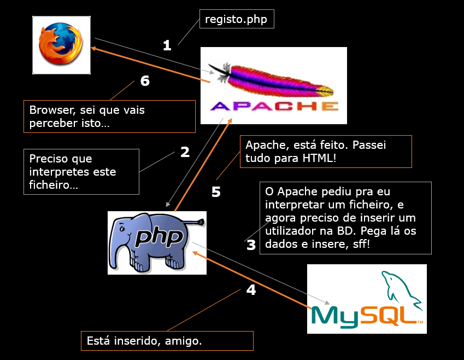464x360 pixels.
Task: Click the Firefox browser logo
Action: pos(61,45)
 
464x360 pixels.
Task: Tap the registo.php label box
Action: pos(236,20)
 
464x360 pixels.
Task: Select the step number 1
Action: pos(167,45)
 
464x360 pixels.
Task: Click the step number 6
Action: pos(145,81)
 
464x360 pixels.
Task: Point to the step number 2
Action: pos(185,152)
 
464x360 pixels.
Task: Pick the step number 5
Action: pos(216,193)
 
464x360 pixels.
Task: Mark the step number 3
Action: pos(251,245)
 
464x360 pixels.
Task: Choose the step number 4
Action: pos(251,290)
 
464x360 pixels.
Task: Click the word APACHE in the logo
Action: pos(274,106)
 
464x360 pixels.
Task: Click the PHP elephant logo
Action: pos(156,241)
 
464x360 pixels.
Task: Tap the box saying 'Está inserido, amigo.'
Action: pos(167,341)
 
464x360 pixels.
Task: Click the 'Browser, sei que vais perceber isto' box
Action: pos(109,116)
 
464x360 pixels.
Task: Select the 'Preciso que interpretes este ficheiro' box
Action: pos(81,172)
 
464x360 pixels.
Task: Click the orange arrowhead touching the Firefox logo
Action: pos(94,49)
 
